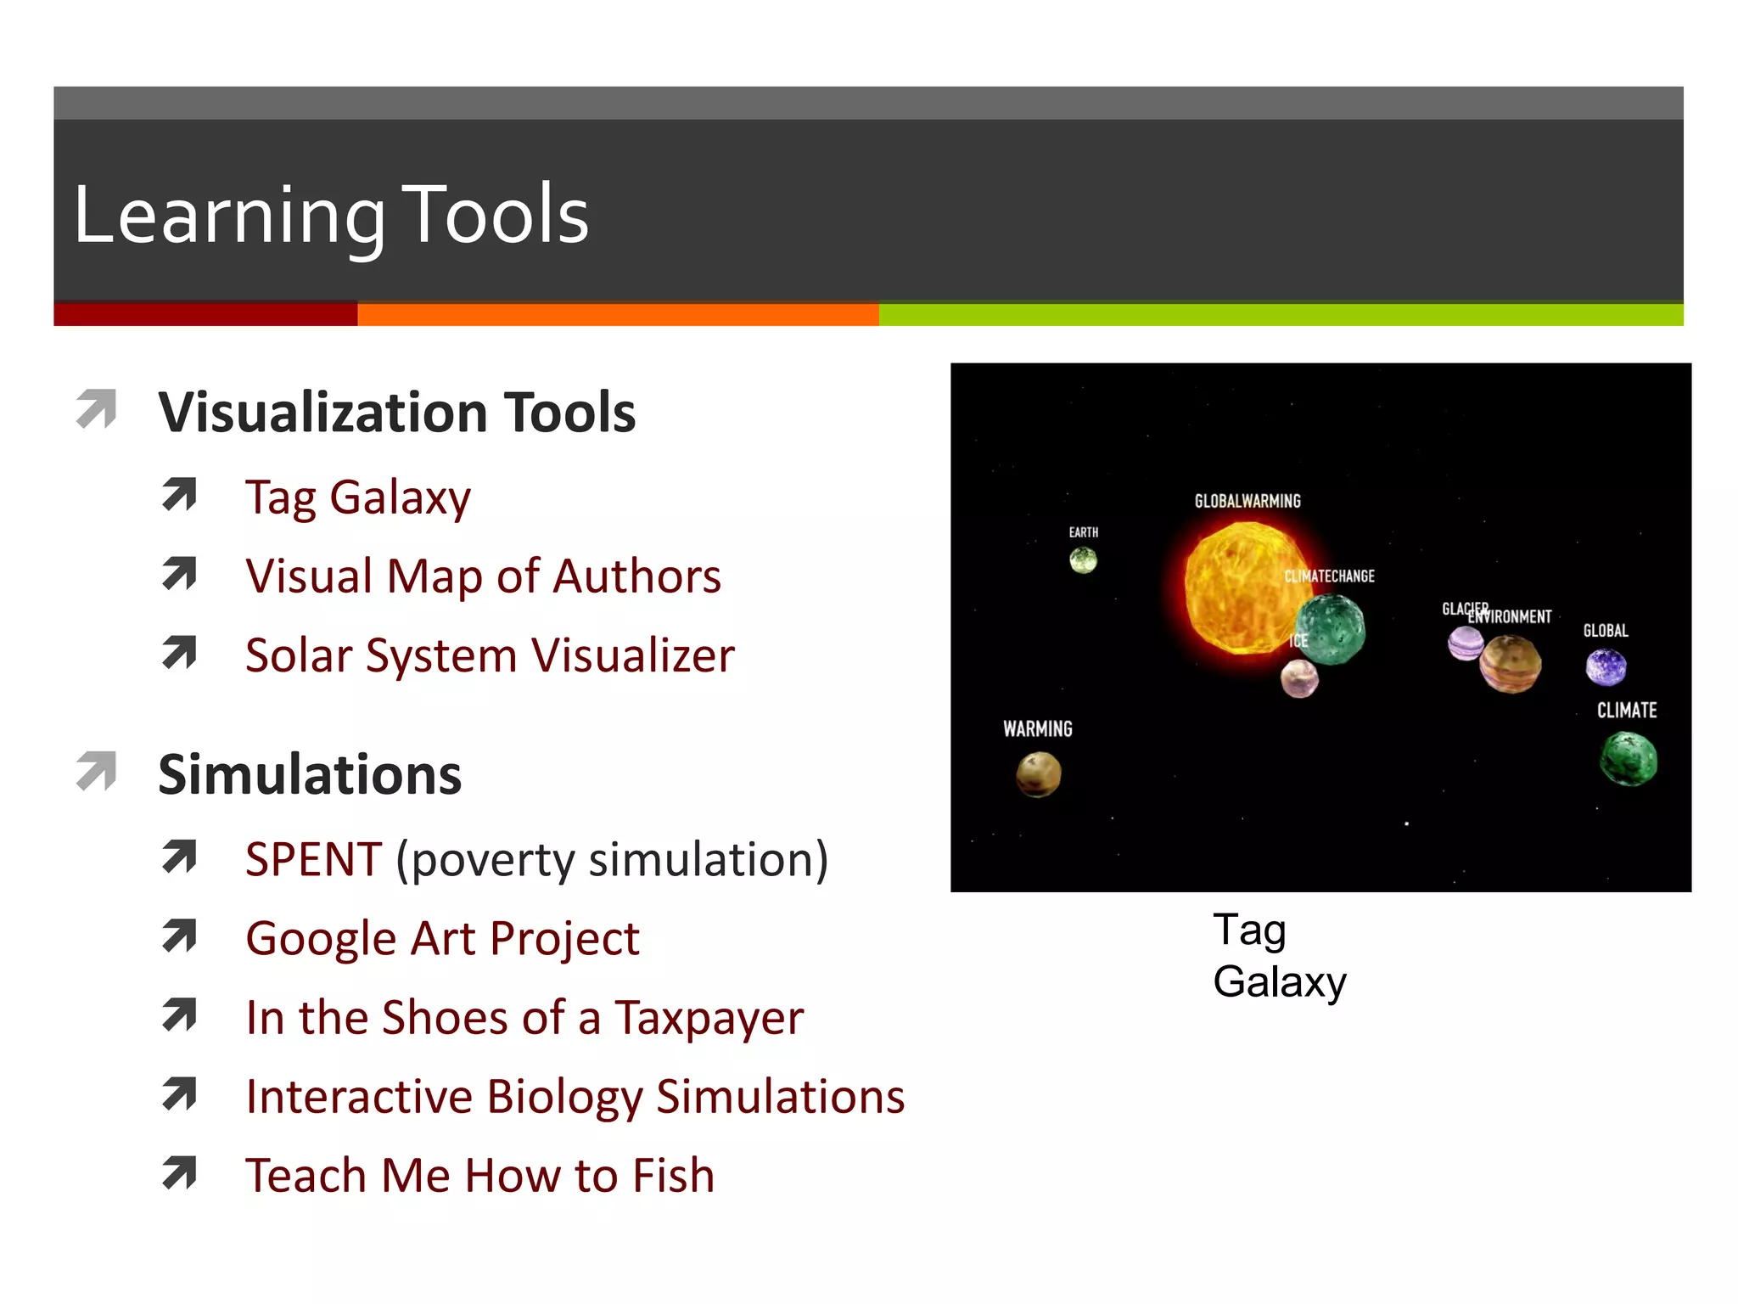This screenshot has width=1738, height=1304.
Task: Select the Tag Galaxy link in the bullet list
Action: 357,497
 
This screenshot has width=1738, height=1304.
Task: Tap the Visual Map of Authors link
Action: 483,576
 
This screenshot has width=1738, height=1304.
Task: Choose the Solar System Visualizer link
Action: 490,655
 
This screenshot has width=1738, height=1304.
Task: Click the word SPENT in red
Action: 313,859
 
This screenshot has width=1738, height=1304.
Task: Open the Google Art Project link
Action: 442,939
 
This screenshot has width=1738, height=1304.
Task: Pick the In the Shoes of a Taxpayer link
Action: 524,1018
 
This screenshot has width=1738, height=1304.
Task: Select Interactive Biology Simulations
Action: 575,1097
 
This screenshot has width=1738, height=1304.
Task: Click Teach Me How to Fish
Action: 479,1176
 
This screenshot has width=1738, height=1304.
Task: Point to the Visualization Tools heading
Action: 396,413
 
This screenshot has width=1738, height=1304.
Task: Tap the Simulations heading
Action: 310,775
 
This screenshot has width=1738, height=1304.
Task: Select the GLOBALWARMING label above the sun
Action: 1247,501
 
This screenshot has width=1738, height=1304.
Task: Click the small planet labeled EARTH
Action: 1083,560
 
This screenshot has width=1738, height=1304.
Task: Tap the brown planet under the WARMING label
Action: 1039,774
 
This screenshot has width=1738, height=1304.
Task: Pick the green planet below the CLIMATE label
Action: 1628,759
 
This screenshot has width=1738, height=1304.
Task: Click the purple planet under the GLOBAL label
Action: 1606,667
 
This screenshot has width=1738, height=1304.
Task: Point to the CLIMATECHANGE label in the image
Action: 1329,576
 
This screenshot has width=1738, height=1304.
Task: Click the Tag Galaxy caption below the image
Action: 1278,956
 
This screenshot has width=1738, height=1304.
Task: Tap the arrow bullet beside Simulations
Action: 97,771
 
